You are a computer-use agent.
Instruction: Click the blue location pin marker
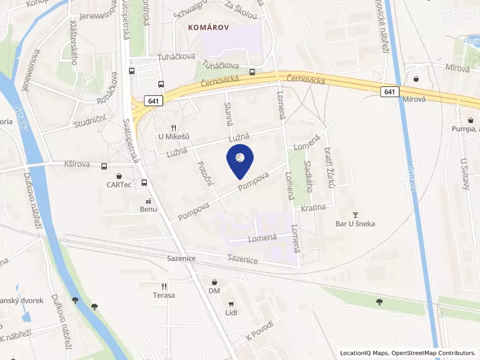pos(239,160)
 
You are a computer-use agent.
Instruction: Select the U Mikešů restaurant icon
pos(173,128)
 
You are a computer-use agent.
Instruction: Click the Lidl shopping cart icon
pos(231,304)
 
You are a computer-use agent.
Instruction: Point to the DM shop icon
pos(215,282)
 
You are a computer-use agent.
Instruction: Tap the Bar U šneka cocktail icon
pos(355,215)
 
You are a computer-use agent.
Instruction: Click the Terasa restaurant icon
pos(163,286)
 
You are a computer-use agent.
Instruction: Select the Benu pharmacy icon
pos(148,200)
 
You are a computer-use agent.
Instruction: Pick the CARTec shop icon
pos(119,176)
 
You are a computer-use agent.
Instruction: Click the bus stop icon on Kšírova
pos(105,166)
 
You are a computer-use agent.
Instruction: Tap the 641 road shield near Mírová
pos(390,91)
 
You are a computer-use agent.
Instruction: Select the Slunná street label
pos(228,113)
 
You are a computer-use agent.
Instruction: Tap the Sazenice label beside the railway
pos(242,259)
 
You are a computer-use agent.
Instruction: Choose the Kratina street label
pos(313,208)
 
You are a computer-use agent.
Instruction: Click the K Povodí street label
pos(259,332)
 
